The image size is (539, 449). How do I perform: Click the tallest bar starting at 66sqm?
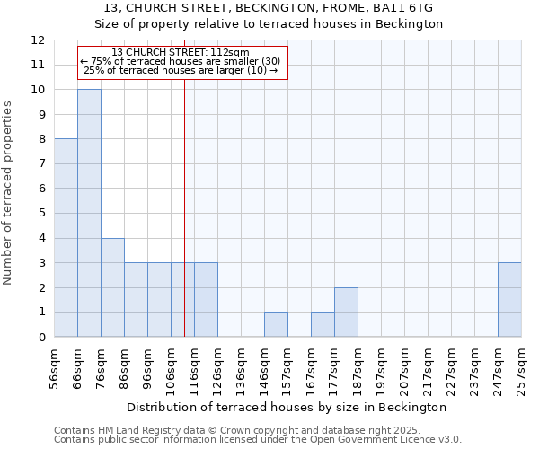coord(89,213)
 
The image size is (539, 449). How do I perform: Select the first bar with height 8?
coord(66,238)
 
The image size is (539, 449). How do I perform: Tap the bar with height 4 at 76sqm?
coord(112,287)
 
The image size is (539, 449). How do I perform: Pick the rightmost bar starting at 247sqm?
coord(509,300)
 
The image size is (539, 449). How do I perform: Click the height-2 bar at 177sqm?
coord(346,313)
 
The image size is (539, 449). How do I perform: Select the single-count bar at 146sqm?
coord(276,324)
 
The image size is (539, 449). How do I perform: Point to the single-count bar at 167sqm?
coord(323,324)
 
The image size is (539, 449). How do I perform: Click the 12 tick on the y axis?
coord(38,40)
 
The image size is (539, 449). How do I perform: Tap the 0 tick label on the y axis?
coord(41,338)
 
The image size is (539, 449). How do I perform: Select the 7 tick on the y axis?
coord(41,164)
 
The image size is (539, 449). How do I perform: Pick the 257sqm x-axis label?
coord(522,369)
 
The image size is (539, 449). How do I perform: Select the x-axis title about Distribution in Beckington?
coord(287,408)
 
